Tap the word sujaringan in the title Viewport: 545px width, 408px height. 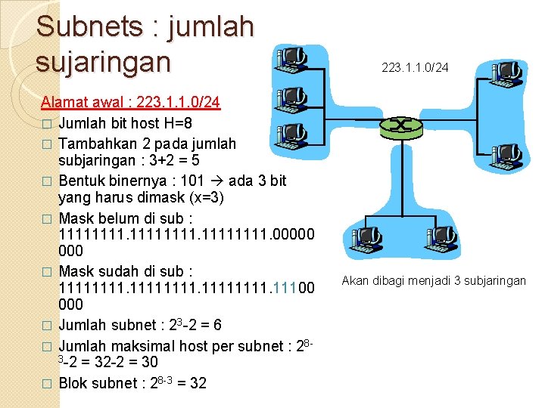click(104, 61)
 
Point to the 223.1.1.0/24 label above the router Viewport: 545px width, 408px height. click(415, 68)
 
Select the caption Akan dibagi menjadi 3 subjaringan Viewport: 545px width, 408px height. click(434, 281)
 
